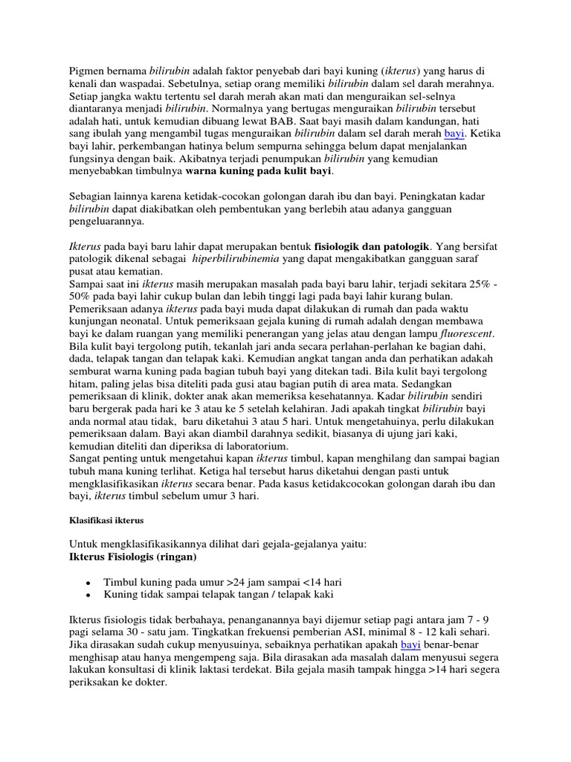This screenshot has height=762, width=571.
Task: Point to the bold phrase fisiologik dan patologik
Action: point(372,246)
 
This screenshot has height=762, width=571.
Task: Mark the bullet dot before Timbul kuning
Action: point(88,583)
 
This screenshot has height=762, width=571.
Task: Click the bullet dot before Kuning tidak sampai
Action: point(88,595)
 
